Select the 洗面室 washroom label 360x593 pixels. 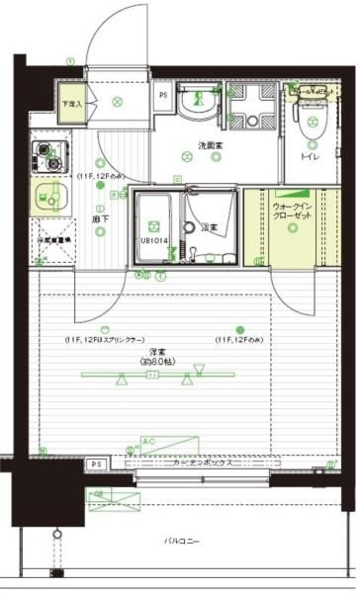[210, 147]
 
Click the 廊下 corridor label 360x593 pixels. [99, 218]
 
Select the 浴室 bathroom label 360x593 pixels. [211, 228]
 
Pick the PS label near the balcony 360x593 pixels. [96, 464]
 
